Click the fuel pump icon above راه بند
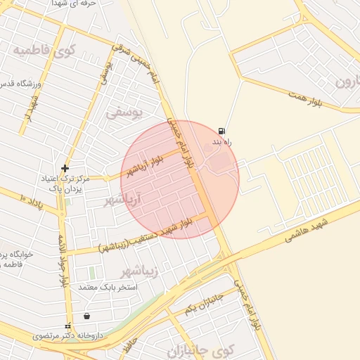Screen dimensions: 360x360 coord(222,131)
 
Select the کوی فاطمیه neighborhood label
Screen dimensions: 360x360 coord(44,50)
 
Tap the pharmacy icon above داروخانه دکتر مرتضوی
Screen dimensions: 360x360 coord(68,326)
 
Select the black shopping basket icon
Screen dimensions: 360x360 coord(86,316)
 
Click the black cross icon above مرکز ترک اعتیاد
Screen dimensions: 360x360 coord(65,168)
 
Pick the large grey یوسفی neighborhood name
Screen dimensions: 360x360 coord(124,112)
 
